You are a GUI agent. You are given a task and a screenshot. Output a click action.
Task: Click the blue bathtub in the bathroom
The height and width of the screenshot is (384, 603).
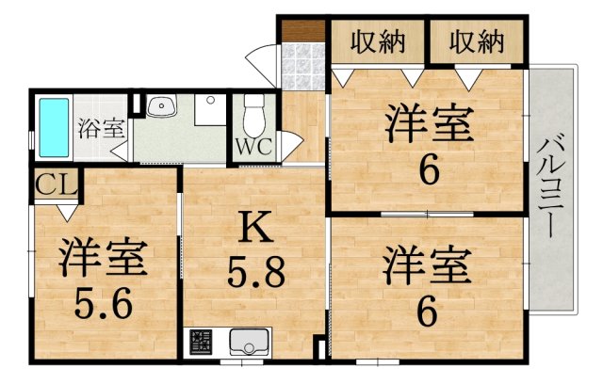[54, 127]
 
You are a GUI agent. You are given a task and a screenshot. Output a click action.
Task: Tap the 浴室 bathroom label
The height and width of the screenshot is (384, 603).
[102, 128]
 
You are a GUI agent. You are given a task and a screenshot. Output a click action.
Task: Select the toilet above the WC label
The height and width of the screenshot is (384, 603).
[254, 116]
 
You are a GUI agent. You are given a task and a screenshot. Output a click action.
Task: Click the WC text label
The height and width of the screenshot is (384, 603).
[253, 146]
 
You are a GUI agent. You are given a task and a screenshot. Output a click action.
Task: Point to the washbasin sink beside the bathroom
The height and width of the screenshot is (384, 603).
[161, 105]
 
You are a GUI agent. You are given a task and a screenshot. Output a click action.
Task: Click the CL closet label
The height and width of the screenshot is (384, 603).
[57, 185]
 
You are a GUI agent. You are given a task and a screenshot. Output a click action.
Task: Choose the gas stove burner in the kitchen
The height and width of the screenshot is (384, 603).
[201, 342]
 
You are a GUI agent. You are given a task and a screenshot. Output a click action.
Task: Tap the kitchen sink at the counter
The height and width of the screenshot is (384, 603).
[249, 342]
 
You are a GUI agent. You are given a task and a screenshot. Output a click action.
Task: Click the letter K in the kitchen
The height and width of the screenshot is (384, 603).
[255, 227]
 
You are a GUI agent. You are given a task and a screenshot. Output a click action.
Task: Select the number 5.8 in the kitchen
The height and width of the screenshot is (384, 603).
[256, 272]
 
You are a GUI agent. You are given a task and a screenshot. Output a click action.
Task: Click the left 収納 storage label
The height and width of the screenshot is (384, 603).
[378, 41]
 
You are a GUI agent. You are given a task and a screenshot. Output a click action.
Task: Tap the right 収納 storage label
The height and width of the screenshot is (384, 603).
[477, 41]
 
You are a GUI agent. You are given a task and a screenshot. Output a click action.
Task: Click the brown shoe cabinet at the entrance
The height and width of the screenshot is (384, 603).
[303, 30]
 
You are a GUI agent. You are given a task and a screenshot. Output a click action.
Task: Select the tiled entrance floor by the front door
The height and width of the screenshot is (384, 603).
[303, 66]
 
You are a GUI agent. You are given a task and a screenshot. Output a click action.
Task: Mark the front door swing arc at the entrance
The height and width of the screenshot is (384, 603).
[257, 61]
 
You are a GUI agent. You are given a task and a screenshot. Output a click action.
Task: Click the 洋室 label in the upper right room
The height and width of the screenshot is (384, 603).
[429, 122]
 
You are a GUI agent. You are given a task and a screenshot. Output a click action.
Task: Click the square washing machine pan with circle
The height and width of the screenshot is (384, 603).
[210, 110]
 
